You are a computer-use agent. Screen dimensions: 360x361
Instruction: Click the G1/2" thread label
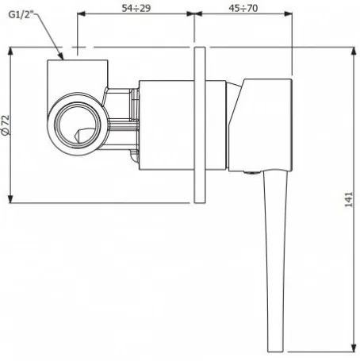[21, 14]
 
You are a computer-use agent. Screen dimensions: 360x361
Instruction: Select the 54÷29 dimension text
[136, 8]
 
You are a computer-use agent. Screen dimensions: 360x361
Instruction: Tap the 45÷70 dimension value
[243, 8]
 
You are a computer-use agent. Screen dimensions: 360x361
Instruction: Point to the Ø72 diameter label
[6, 125]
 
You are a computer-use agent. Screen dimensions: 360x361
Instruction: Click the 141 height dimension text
[349, 199]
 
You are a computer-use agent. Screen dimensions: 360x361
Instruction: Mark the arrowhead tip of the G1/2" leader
[63, 60]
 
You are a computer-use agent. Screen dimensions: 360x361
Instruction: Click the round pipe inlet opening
[78, 124]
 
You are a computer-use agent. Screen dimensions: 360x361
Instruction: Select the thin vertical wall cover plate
[200, 125]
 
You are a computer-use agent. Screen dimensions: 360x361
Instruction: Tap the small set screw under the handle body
[251, 173]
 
